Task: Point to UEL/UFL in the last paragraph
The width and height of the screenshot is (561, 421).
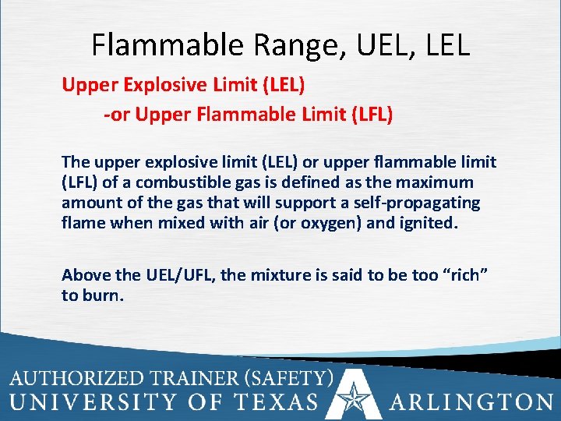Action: tap(184, 275)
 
